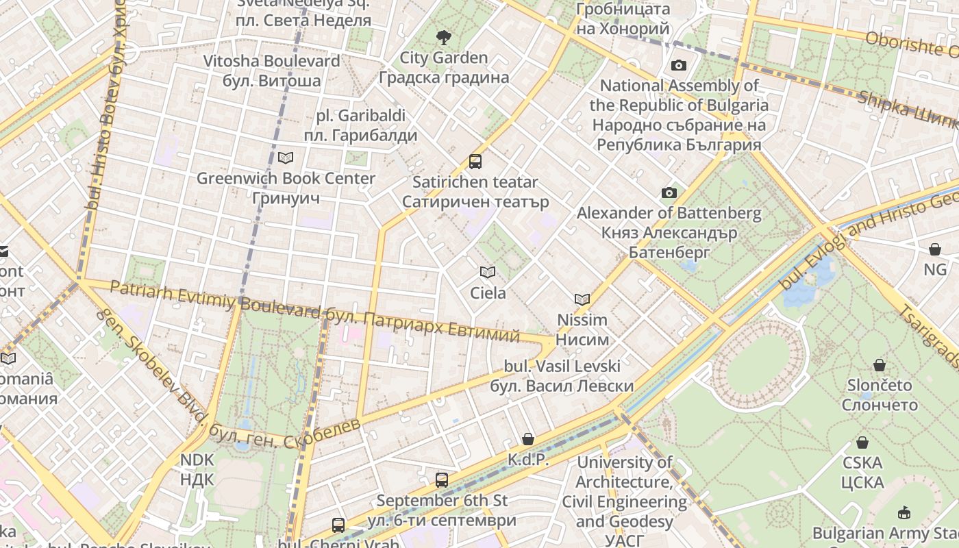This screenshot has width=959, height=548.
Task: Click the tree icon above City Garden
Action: tap(444, 37)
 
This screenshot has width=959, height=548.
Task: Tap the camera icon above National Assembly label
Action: tap(678, 65)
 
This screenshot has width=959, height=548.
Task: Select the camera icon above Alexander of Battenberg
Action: tap(669, 193)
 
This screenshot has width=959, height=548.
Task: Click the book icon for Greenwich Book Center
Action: tap(286, 158)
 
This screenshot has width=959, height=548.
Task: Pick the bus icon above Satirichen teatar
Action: tap(475, 162)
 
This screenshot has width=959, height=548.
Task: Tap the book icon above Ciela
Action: tap(488, 273)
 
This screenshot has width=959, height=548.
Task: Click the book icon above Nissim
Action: tap(582, 299)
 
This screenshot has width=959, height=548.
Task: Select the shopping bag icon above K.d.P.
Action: tap(527, 439)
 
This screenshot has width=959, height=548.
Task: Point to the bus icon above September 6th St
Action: tap(442, 480)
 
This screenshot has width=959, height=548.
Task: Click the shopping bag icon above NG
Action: tap(935, 249)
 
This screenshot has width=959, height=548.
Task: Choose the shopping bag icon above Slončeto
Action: tap(880, 365)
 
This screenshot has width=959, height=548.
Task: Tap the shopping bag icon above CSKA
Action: tap(862, 443)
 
